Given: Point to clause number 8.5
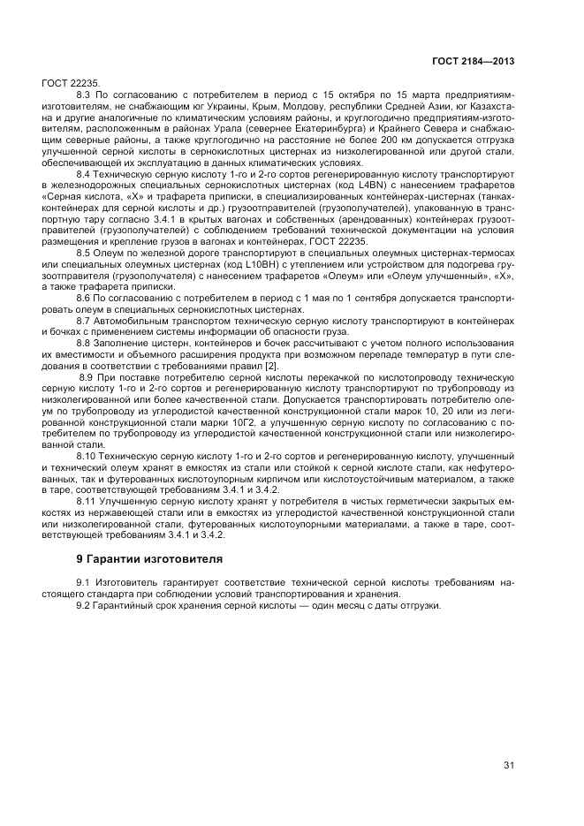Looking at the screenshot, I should pos(85,252).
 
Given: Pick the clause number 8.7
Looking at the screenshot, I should pos(85,321).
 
